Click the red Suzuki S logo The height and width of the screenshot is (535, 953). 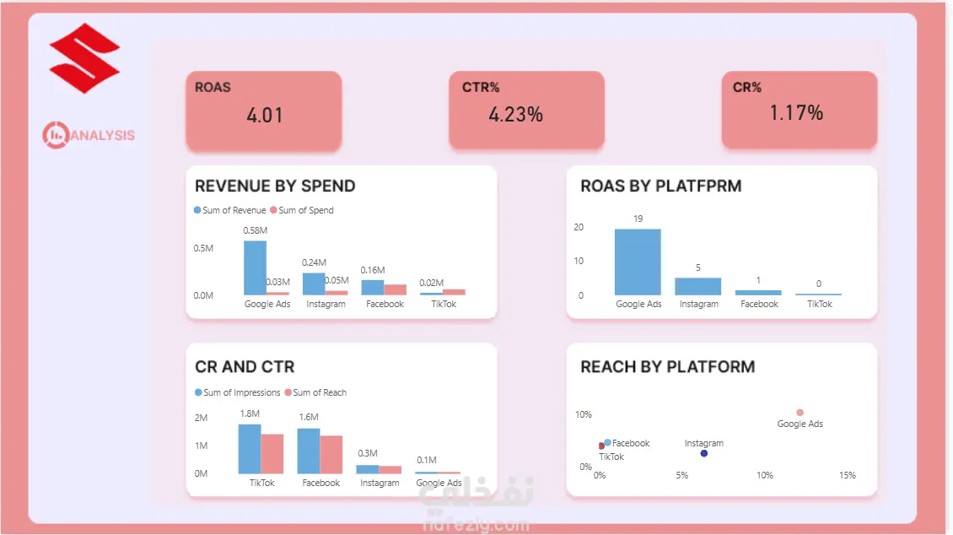[x=84, y=58]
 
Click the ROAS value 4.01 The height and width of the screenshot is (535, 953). [x=264, y=115]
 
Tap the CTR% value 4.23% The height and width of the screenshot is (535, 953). [x=515, y=114]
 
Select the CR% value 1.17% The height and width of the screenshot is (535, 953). [x=796, y=112]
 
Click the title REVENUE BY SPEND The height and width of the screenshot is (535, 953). [x=275, y=186]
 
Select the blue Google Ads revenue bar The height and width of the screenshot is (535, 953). [x=256, y=268]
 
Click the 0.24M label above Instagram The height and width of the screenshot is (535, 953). [x=314, y=262]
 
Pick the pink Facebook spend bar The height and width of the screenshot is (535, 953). [x=395, y=289]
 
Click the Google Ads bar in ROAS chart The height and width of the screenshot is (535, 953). [x=638, y=262]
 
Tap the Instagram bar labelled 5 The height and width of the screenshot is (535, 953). [x=697, y=286]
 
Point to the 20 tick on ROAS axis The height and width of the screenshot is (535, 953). [x=579, y=227]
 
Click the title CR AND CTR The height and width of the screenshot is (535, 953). [x=245, y=366]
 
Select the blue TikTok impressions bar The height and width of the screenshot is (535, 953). [x=249, y=449]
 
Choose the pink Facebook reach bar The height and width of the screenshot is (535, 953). [x=331, y=455]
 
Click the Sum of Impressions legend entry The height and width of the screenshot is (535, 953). [x=237, y=392]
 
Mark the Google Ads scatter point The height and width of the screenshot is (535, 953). [x=800, y=413]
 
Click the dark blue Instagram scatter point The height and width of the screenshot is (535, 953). [x=704, y=453]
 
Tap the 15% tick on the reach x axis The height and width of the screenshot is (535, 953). [x=848, y=475]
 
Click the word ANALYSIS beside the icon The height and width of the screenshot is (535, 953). [x=103, y=135]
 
